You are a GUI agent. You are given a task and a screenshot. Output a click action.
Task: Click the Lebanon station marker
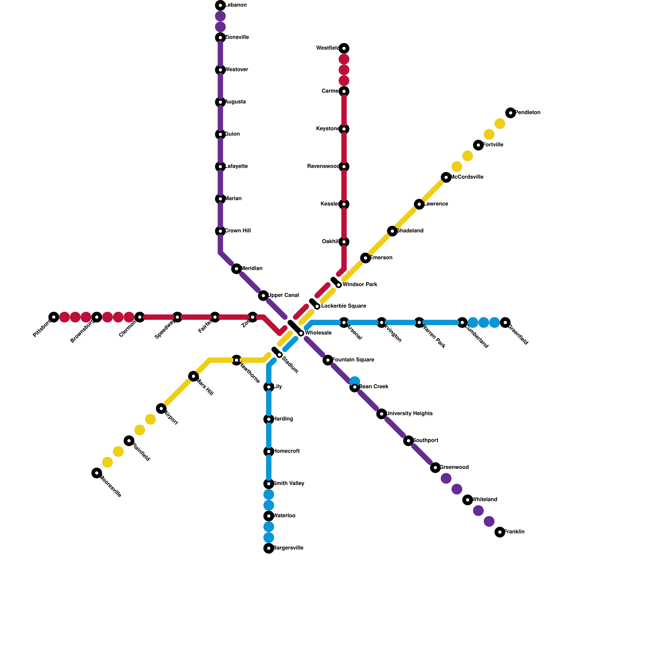[x=221, y=5]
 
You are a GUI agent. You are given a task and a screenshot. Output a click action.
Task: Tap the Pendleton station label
[x=527, y=113]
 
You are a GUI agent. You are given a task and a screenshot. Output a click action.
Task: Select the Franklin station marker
[x=500, y=532]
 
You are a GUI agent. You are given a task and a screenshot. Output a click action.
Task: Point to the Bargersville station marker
[x=269, y=548]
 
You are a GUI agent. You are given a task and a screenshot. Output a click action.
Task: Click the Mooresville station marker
[x=97, y=473]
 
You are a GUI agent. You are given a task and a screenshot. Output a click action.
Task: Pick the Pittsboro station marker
[x=54, y=317]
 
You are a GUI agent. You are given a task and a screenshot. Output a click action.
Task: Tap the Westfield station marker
[x=344, y=48]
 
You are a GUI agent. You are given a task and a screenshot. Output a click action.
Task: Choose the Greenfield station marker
[x=505, y=322]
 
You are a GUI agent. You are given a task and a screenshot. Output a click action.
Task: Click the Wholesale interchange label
[x=318, y=333]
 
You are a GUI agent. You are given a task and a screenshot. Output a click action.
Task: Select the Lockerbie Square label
[x=343, y=306]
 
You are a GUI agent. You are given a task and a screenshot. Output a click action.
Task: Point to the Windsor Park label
[x=360, y=285]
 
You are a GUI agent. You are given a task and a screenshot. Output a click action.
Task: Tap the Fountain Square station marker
[x=328, y=360]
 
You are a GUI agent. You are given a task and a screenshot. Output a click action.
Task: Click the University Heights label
[x=409, y=414]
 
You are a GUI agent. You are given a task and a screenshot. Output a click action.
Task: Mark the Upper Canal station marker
[x=263, y=295]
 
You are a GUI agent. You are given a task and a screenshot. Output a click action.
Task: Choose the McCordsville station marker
[x=446, y=177]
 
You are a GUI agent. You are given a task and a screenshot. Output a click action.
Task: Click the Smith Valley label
[x=288, y=483]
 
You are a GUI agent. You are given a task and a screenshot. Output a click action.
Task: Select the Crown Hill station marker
[x=221, y=231]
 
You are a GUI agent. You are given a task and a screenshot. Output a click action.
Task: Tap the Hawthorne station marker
[x=237, y=360]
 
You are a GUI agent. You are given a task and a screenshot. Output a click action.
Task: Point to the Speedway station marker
[x=177, y=317]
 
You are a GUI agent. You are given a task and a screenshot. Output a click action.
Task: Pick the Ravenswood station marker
[x=344, y=166]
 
